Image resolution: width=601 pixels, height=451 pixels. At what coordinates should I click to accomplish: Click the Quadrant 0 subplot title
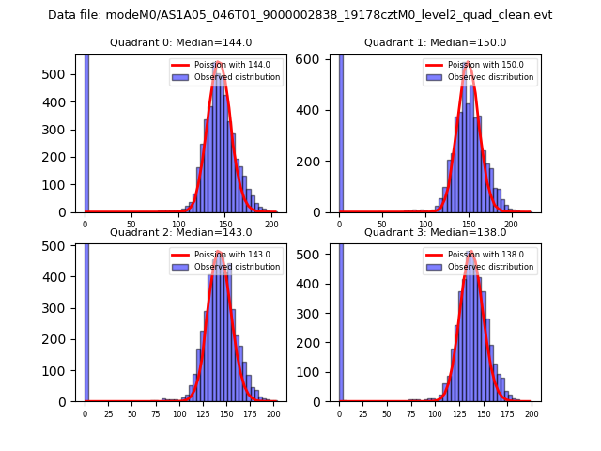180,42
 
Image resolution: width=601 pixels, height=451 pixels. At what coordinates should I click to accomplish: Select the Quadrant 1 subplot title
435,42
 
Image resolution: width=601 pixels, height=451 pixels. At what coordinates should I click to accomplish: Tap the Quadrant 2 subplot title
180,232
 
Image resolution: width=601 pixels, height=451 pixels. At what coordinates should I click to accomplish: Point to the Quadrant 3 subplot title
435,232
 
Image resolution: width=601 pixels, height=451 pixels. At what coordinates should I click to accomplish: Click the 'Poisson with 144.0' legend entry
229,65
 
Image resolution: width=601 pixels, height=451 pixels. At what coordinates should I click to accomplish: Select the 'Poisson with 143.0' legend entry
229,255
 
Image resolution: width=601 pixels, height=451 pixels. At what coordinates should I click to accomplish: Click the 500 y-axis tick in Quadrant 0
56,74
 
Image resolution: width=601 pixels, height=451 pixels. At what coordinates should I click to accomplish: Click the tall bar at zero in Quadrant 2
86,319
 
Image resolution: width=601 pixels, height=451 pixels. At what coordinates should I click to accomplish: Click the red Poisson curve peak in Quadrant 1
466,62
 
